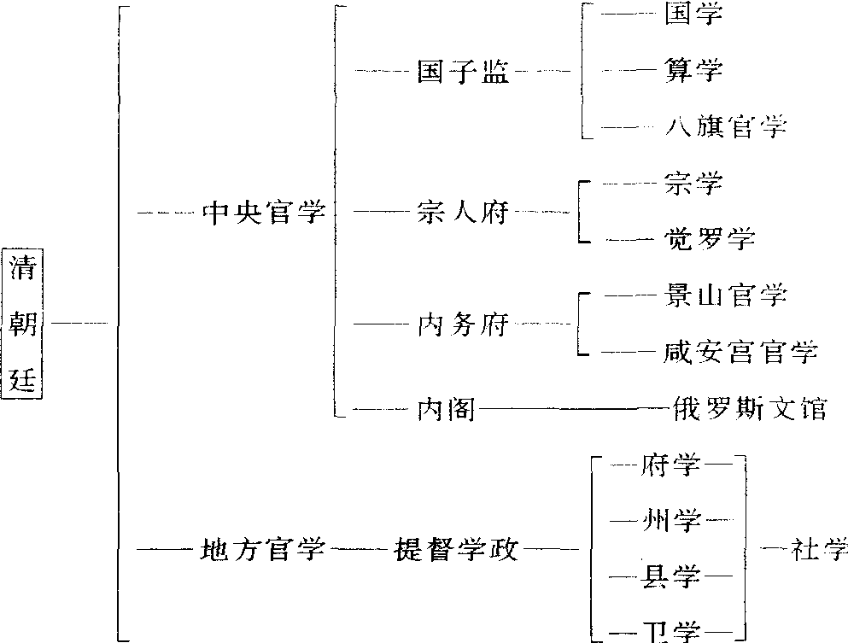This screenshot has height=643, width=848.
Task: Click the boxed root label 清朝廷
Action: click(23, 324)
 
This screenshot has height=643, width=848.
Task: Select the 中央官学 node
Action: click(264, 212)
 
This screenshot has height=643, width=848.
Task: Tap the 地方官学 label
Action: click(263, 549)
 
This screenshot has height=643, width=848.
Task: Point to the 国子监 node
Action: click(463, 72)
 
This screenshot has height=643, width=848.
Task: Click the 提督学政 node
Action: click(456, 549)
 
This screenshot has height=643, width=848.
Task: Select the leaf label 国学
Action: click(693, 15)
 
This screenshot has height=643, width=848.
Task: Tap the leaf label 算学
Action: click(693, 70)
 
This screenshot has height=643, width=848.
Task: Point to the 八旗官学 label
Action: click(725, 128)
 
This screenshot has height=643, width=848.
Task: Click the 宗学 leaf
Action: click(693, 183)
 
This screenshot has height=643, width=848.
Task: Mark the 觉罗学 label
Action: click(709, 238)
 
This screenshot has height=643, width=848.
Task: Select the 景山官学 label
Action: click(724, 295)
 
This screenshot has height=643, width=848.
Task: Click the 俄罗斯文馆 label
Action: click(749, 409)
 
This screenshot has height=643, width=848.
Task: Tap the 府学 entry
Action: click(675, 465)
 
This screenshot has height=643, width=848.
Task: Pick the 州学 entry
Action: click(675, 520)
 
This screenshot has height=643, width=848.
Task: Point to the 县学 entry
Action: click(675, 577)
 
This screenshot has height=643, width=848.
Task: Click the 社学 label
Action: click(819, 549)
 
